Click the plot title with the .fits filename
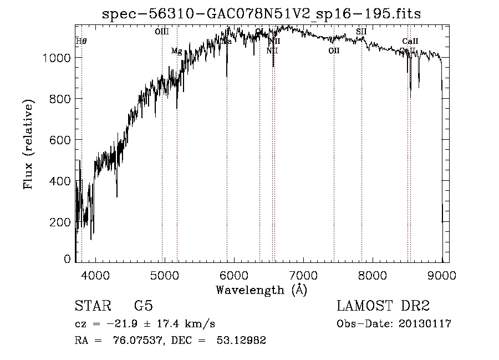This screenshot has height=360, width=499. click(x=262, y=14)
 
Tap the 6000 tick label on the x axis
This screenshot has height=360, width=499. click(x=234, y=274)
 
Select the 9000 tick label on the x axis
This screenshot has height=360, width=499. click(x=442, y=274)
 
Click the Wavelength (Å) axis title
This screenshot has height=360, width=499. click(x=261, y=290)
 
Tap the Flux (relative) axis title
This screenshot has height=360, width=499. click(x=28, y=144)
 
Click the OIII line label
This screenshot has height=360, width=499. click(x=161, y=32)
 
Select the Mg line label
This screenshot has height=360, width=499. click(x=176, y=51)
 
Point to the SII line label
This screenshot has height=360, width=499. click(x=361, y=32)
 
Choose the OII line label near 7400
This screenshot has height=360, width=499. click(x=334, y=51)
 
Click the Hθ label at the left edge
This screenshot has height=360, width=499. click(x=82, y=41)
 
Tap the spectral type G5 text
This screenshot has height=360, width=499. click(x=143, y=306)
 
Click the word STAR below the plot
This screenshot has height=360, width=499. click(x=92, y=306)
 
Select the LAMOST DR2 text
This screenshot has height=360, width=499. click(x=383, y=306)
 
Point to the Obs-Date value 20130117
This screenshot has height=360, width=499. click(x=424, y=324)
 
